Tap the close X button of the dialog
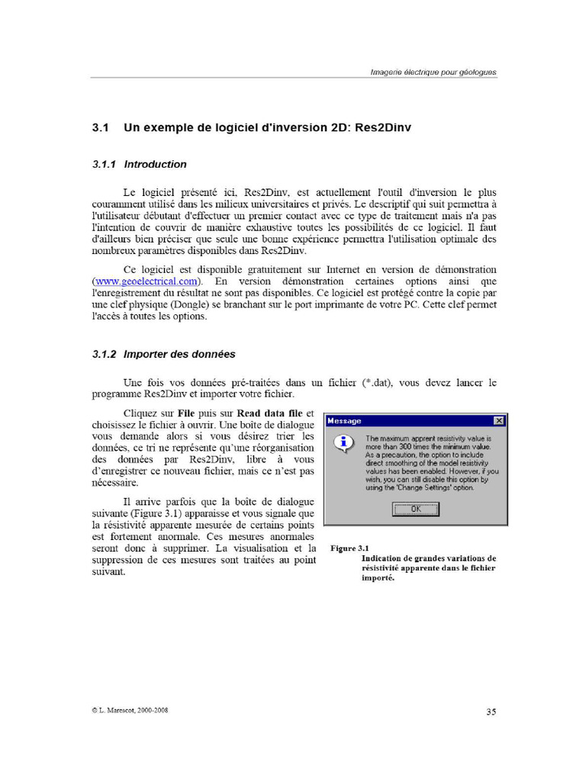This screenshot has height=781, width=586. [x=498, y=421]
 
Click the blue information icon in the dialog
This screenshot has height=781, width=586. [x=345, y=442]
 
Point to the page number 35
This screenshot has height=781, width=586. [x=491, y=712]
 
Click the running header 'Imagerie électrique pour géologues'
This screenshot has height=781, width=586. [x=433, y=72]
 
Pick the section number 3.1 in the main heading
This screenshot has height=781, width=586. [x=101, y=128]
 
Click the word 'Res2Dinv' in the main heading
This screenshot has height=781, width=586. [x=383, y=128]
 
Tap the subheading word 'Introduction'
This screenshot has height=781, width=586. [x=155, y=164]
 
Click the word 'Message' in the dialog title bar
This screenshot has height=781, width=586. [x=344, y=421]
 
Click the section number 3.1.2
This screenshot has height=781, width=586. [x=103, y=354]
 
